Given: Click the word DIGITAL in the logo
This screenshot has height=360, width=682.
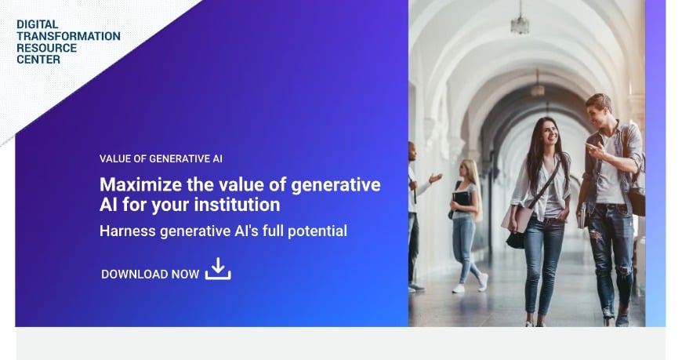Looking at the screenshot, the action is click(x=38, y=24).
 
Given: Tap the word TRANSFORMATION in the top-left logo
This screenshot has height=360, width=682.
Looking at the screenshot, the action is click(x=69, y=36).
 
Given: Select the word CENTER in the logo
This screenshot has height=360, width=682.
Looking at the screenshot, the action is click(x=38, y=60).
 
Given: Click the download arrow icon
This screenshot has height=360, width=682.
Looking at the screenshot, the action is click(x=218, y=268).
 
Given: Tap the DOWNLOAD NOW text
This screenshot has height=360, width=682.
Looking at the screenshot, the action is click(x=150, y=275).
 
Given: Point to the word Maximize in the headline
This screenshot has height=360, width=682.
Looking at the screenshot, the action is click(x=140, y=184).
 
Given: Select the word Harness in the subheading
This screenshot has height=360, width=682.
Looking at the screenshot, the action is click(x=128, y=231).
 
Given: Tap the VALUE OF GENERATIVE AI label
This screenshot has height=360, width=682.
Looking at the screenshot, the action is click(x=161, y=159).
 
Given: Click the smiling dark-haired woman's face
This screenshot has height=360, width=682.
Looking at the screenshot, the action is click(x=550, y=133).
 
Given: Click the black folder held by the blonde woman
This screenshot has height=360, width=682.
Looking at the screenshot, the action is click(x=462, y=199).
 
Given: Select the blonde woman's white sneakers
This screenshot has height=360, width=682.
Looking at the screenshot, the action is click(x=470, y=285).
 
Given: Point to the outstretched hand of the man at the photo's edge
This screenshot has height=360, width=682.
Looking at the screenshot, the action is click(x=435, y=177).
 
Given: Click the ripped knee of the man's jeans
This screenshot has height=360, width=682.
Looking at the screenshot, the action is click(x=597, y=236).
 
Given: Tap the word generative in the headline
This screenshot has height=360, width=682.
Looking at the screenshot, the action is click(x=336, y=185).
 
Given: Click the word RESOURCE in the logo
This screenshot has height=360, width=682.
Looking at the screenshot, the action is click(x=46, y=48).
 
